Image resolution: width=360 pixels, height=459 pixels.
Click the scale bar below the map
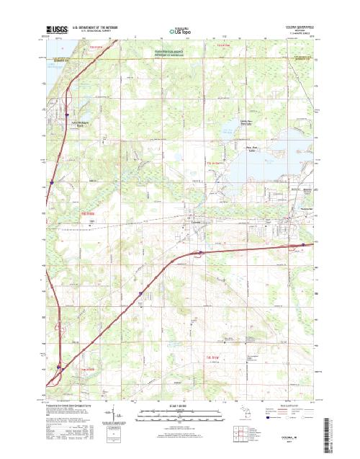[x=180, y=414]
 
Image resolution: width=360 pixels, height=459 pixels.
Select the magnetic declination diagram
[x=119, y=413]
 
